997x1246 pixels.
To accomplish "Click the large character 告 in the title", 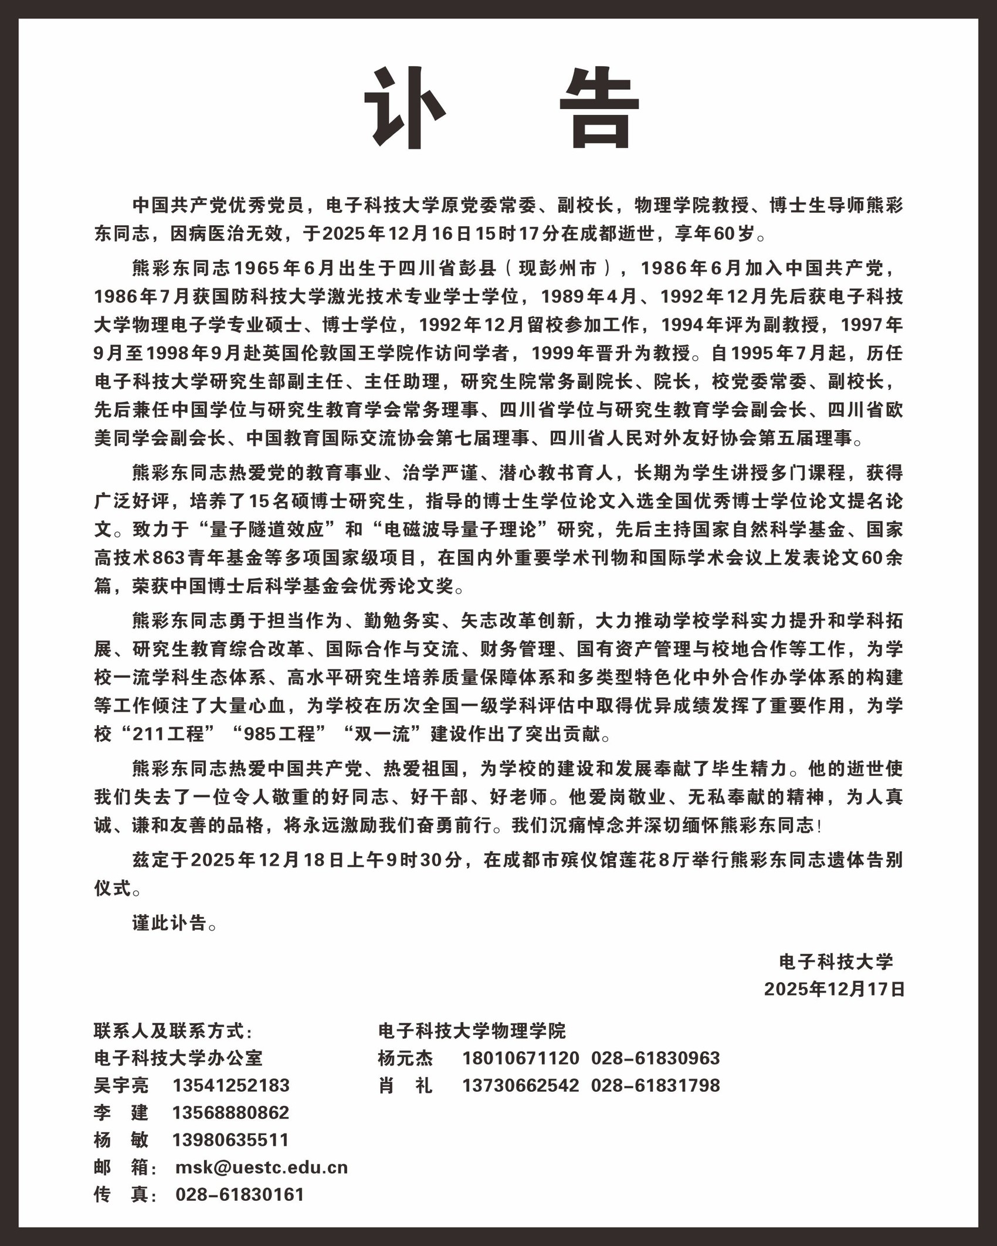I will [599, 108].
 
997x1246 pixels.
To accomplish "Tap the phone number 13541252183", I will [231, 1085].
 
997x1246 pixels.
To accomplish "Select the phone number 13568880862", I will [231, 1112].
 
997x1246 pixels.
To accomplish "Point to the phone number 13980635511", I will [231, 1140].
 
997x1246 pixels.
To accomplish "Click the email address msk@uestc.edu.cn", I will [262, 1167].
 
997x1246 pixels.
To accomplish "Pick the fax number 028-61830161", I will [240, 1194].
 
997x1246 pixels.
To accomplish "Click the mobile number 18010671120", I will [521, 1058].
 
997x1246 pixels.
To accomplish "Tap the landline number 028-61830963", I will [655, 1058].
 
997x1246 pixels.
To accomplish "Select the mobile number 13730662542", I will [521, 1085].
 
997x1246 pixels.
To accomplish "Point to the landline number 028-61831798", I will [655, 1085].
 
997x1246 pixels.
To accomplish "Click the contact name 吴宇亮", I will [121, 1085].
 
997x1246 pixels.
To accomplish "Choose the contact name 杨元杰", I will [406, 1058].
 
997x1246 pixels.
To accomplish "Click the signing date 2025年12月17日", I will [835, 989].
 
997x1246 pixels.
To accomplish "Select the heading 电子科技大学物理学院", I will [472, 1030].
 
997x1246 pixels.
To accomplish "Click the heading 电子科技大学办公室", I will [178, 1058].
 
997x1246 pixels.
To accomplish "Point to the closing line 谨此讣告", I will [174, 923].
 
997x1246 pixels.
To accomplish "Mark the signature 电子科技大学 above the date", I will [836, 962].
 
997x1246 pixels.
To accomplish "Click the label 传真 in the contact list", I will [121, 1194].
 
